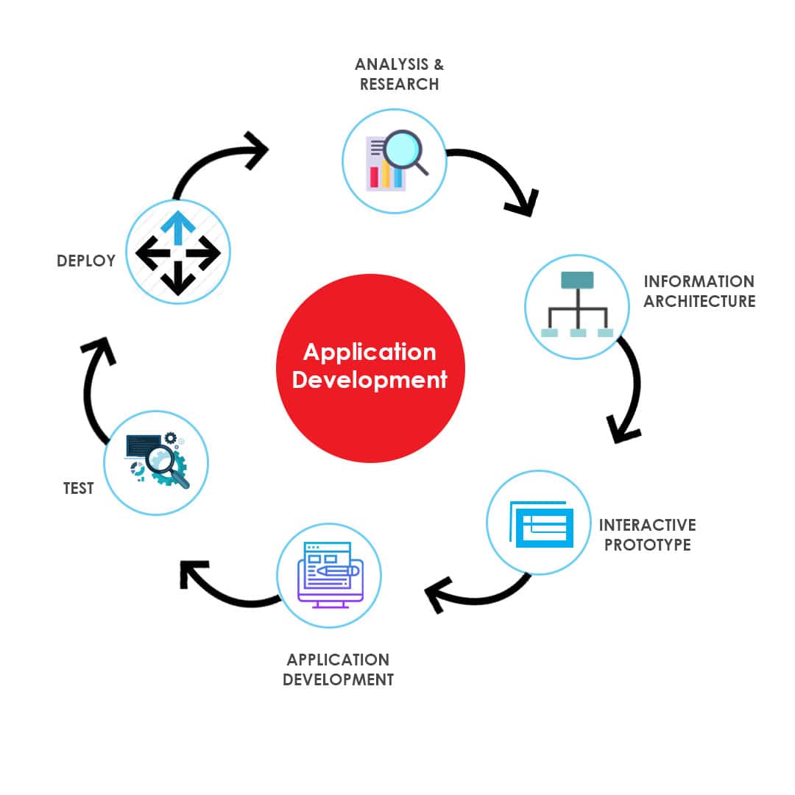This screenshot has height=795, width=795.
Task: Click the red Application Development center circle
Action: tap(370, 369)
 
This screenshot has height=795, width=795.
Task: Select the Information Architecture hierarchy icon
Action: tap(578, 304)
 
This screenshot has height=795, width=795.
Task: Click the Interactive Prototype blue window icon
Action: tap(541, 524)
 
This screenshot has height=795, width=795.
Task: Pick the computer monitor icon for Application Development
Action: tap(330, 575)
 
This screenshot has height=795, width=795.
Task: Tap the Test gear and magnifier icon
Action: tap(157, 460)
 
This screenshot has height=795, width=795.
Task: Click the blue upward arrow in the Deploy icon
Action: tap(178, 227)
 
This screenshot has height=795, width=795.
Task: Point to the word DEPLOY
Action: tap(86, 261)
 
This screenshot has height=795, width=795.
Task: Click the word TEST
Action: tap(79, 488)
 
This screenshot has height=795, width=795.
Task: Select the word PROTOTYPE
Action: tap(648, 545)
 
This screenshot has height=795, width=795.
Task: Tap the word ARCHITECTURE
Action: tap(700, 301)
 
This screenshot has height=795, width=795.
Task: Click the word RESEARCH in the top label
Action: tap(400, 84)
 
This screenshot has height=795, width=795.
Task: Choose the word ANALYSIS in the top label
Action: tap(392, 64)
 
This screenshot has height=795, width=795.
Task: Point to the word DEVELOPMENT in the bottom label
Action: tap(338, 680)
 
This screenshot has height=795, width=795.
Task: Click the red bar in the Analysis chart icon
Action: tap(374, 177)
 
